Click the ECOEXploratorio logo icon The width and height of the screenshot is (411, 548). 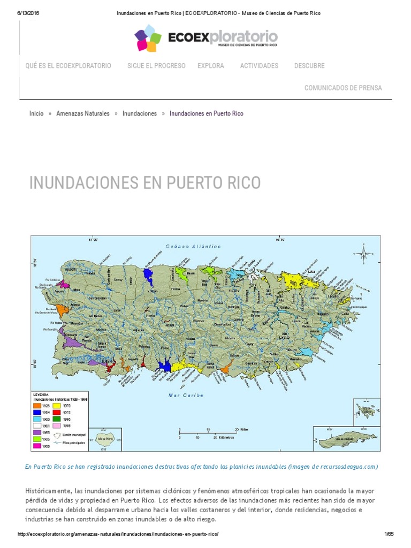pos(148,38)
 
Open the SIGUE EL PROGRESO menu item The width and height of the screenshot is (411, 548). pos(156,66)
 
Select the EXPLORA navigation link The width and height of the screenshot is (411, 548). pos(210,66)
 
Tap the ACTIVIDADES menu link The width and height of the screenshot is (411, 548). pos(259,66)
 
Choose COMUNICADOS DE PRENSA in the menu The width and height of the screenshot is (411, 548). pos(343,88)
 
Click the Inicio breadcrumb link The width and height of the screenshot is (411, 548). pos(36,113)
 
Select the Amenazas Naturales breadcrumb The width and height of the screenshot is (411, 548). pos(83,113)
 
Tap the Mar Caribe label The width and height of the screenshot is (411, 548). pos(186,395)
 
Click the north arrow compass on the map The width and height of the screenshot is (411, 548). pos(364,253)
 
